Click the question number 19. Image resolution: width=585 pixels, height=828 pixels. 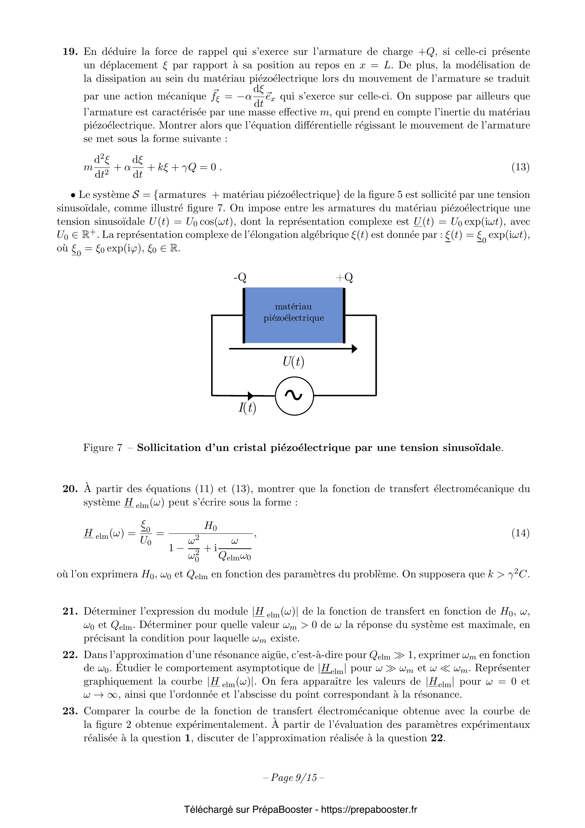tap(70, 52)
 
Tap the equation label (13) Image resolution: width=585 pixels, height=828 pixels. tap(520, 167)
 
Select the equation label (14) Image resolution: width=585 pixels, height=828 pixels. tap(520, 533)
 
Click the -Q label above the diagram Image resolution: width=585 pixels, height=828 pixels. tap(240, 277)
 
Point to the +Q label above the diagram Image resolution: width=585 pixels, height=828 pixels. tap(344, 277)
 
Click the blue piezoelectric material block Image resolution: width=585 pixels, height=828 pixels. tap(294, 315)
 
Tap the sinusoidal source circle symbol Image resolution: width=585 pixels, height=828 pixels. tap(294, 396)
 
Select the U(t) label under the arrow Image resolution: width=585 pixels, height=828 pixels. tap(293, 362)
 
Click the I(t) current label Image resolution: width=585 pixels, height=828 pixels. tap(247, 407)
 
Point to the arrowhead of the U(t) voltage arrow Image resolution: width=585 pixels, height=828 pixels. tap(354, 349)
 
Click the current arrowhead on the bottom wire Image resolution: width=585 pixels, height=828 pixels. tap(250, 396)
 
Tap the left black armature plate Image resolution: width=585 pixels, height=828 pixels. tap(244, 315)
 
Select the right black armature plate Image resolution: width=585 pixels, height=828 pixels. tap(344, 315)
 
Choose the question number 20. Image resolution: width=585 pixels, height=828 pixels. tap(70, 489)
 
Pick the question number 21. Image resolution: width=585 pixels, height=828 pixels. tap(70, 611)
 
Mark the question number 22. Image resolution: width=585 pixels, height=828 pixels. tap(70, 655)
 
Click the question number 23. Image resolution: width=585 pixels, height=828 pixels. tap(70, 711)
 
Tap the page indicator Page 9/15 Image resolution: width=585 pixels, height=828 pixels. tap(294, 777)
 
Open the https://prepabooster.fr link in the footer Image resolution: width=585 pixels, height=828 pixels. tap(369, 810)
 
